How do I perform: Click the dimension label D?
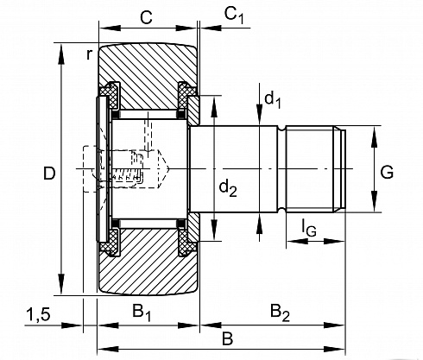[x=49, y=174]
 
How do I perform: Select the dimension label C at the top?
[x=146, y=17]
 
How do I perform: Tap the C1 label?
[x=234, y=15]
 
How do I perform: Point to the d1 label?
[x=272, y=100]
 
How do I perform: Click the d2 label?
[x=228, y=188]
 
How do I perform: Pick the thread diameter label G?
[x=387, y=173]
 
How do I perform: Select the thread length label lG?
[x=309, y=227]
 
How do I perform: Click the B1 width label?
[x=142, y=313]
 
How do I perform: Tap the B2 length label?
[x=280, y=313]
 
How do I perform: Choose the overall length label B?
[x=227, y=339]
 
